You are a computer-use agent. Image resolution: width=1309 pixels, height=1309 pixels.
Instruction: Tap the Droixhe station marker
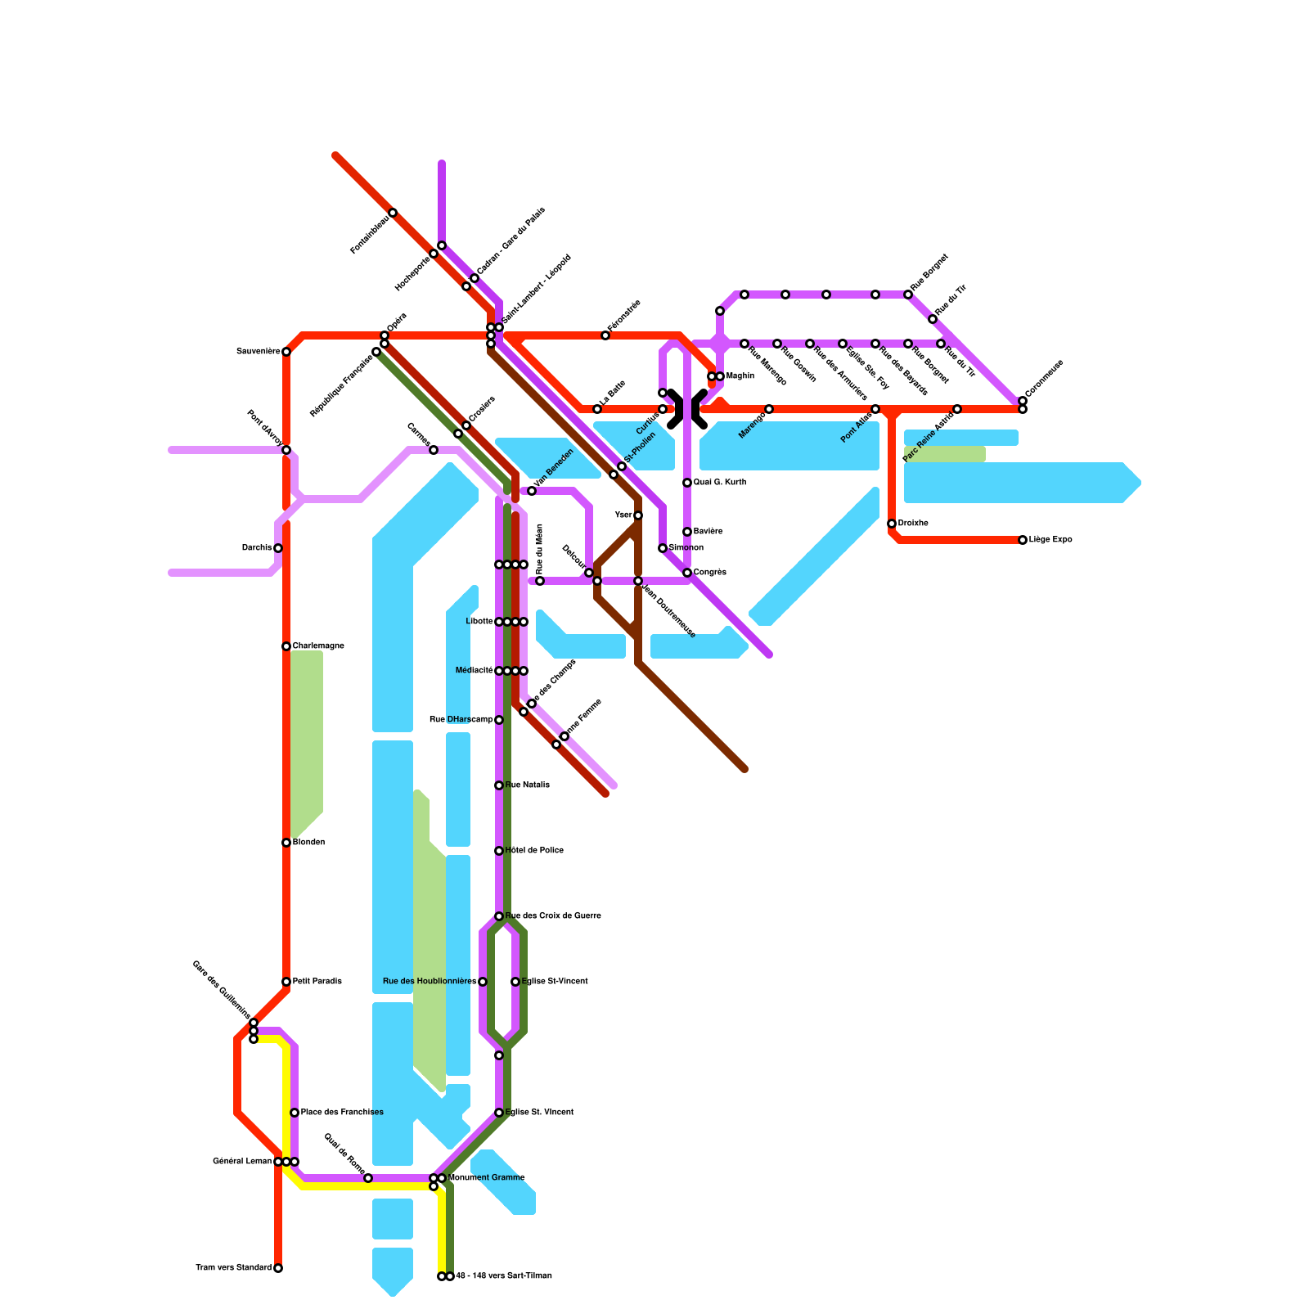(892, 524)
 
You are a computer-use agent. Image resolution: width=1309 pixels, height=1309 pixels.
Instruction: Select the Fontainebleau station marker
(393, 213)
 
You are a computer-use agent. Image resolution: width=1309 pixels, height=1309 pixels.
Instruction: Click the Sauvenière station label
(258, 352)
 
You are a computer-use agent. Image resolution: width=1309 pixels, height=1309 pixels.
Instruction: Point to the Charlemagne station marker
(286, 646)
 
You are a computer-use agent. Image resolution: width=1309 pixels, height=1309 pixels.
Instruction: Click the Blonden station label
(308, 843)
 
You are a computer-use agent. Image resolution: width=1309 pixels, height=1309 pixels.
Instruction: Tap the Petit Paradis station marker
(286, 982)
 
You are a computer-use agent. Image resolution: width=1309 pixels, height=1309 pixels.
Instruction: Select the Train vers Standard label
(233, 1268)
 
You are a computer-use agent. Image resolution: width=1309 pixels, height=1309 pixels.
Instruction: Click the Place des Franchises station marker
(295, 1113)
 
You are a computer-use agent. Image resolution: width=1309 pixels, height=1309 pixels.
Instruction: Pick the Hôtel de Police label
(534, 851)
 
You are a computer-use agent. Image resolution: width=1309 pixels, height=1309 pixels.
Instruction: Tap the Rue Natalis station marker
(499, 785)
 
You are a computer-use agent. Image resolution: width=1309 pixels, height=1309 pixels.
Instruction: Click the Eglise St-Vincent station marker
(515, 982)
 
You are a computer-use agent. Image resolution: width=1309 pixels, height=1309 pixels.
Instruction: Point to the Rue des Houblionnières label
(429, 982)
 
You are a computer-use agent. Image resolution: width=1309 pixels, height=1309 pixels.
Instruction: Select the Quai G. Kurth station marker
(687, 483)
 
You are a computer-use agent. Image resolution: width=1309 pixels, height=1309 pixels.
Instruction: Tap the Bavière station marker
(687, 532)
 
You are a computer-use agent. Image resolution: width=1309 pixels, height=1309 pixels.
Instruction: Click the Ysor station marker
(638, 515)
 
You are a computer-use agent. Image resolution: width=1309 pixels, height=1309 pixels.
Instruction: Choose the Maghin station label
(740, 376)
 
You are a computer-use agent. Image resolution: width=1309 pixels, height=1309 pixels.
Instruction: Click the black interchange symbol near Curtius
(687, 409)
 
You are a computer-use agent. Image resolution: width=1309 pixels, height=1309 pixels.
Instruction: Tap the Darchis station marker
(278, 548)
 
